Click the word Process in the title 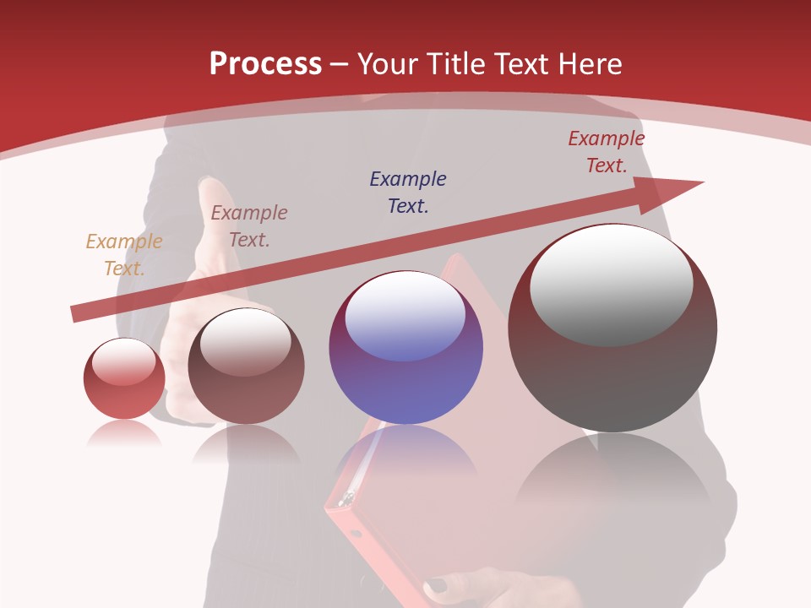coord(265,64)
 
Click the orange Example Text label coord(124,255)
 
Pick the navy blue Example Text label coord(408,193)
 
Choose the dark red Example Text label coord(606,152)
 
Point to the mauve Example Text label coord(249,226)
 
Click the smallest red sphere coord(124,388)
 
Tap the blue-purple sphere coord(405,372)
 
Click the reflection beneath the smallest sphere coord(124,434)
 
